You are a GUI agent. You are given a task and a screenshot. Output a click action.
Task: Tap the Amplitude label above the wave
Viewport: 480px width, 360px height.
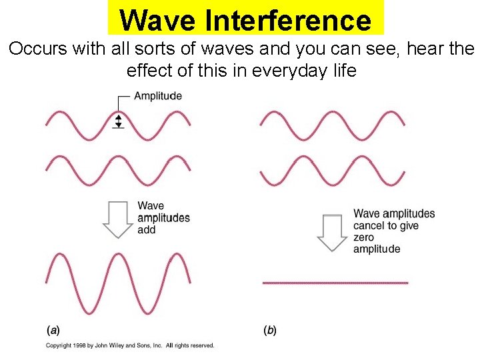(158, 96)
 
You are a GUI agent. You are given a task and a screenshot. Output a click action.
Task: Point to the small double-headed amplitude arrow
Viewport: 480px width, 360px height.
(119, 121)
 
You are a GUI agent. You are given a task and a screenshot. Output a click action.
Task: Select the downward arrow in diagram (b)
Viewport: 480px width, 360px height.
(333, 232)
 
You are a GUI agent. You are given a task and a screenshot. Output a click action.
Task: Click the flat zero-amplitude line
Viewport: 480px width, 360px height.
(335, 283)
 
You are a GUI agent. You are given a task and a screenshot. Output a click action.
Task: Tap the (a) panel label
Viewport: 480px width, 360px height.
(53, 329)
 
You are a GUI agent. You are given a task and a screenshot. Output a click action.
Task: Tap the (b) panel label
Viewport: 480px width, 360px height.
(270, 329)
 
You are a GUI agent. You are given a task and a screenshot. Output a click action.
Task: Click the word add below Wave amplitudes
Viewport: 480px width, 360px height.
(147, 230)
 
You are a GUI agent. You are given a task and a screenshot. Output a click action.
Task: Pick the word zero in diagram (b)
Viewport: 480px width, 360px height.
(364, 237)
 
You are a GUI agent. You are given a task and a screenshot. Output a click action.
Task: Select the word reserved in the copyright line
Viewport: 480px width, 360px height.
(201, 345)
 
